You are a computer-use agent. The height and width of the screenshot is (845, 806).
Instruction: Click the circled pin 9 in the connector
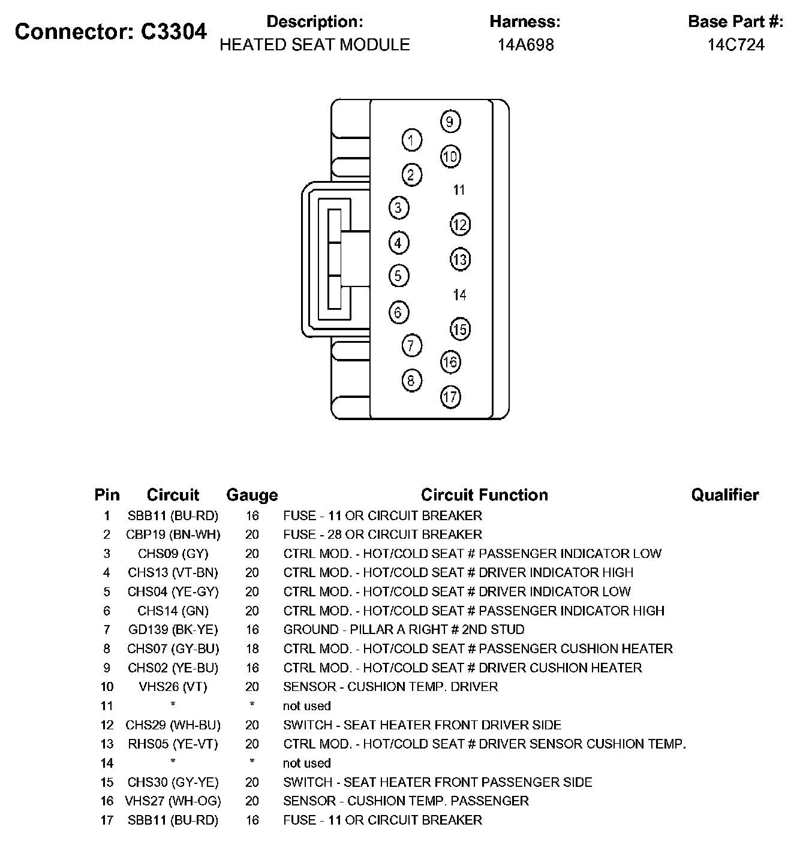pyautogui.click(x=450, y=122)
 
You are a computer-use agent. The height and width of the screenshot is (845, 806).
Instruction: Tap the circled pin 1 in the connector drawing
pyautogui.click(x=411, y=140)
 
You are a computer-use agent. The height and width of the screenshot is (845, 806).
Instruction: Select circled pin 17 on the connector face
pyautogui.click(x=450, y=396)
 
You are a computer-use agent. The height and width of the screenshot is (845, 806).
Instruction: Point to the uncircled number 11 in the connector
pyautogui.click(x=459, y=190)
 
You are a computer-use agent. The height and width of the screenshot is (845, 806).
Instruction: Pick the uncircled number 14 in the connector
pyautogui.click(x=459, y=295)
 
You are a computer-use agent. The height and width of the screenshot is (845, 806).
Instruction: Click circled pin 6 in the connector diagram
pyautogui.click(x=399, y=312)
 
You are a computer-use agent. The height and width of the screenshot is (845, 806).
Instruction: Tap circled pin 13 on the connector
pyautogui.click(x=460, y=260)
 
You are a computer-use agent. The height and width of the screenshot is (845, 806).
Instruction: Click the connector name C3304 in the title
pyautogui.click(x=174, y=32)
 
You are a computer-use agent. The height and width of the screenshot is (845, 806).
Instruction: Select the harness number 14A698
pyautogui.click(x=525, y=45)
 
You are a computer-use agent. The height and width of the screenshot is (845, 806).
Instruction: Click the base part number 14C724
pyautogui.click(x=736, y=45)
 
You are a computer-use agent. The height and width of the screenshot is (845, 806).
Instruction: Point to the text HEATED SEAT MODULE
pyautogui.click(x=315, y=45)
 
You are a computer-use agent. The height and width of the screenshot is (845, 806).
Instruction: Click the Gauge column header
pyautogui.click(x=252, y=496)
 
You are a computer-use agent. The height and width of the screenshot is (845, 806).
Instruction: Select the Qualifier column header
pyautogui.click(x=724, y=495)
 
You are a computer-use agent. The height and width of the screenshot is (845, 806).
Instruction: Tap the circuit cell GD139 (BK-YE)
pyautogui.click(x=173, y=630)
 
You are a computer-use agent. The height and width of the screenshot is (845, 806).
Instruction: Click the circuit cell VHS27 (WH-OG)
pyautogui.click(x=173, y=801)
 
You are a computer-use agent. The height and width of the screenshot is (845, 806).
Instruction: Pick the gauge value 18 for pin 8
pyautogui.click(x=252, y=649)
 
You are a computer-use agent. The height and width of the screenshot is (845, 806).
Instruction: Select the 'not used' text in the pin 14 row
pyautogui.click(x=307, y=763)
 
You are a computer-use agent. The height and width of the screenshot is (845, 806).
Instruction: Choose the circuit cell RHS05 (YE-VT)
pyautogui.click(x=173, y=744)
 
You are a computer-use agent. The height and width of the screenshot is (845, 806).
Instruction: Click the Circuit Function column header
pyautogui.click(x=484, y=495)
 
